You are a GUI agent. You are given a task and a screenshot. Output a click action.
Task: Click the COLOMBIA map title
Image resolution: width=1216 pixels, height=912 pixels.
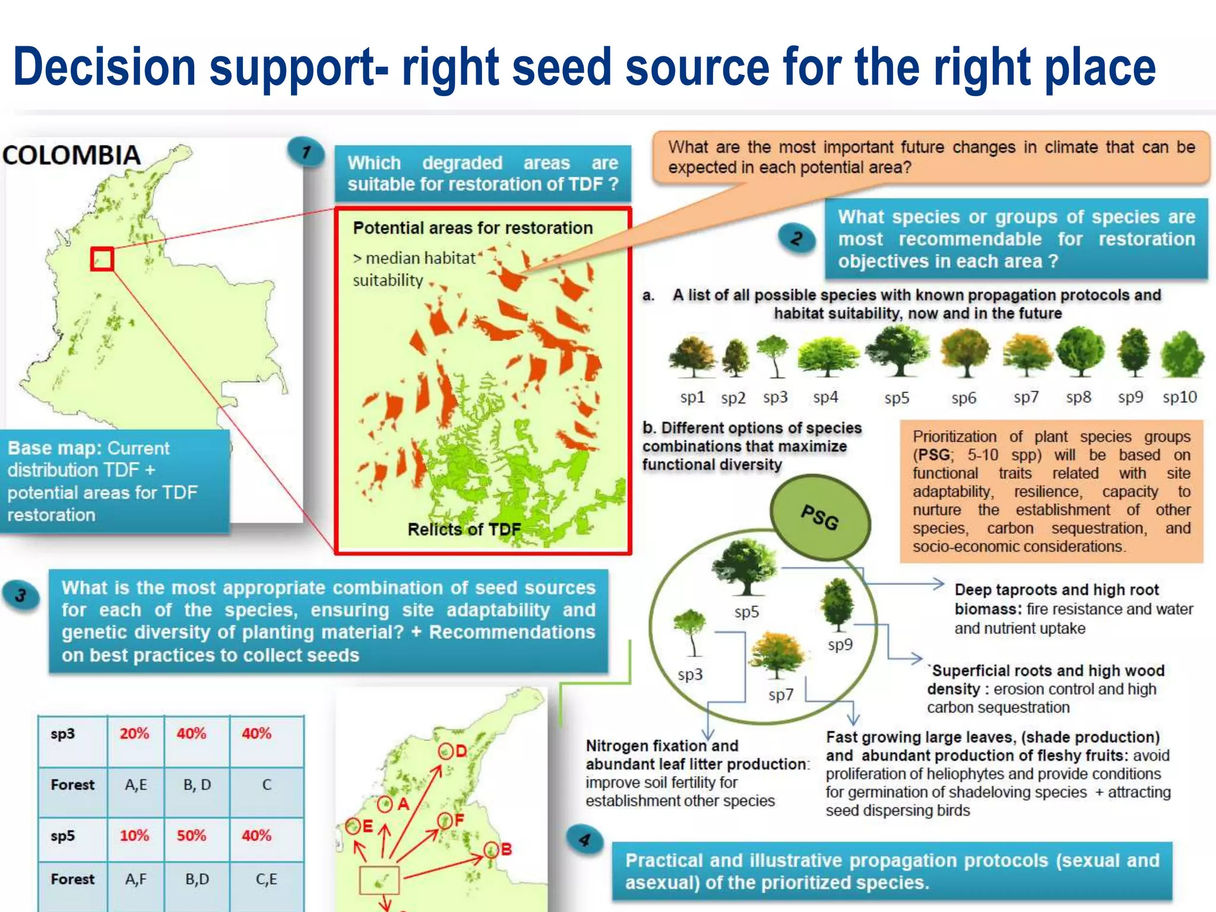pos(71,156)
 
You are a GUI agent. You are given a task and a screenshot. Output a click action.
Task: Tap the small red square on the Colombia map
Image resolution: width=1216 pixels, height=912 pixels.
pos(102,259)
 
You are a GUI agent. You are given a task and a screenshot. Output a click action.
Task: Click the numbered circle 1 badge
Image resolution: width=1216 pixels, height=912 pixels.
pos(306,153)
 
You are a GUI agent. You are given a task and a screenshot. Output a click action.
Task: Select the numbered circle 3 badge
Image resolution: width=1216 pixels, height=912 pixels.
pos(21,595)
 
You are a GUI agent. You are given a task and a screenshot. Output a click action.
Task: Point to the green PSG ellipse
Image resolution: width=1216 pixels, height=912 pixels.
pos(820,517)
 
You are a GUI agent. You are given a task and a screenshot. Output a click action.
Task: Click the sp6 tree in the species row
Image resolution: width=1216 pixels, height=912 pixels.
pos(965,354)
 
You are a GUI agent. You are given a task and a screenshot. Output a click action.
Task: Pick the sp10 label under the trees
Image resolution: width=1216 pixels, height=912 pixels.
pos(1179,397)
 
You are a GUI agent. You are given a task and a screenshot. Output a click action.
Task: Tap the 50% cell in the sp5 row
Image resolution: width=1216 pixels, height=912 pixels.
pos(191,835)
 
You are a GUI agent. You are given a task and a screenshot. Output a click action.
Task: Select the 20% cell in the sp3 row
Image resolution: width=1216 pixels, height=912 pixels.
pos(134,733)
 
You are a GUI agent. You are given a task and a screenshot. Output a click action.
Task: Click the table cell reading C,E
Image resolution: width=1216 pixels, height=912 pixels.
pos(266,879)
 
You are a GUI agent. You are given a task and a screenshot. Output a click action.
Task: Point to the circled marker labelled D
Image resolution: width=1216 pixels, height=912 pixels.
pos(446,752)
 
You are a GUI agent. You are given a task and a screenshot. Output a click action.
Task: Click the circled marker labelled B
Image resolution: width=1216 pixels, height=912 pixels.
pos(491,850)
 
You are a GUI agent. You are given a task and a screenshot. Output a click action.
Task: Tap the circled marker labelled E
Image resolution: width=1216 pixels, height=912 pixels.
pos(353,826)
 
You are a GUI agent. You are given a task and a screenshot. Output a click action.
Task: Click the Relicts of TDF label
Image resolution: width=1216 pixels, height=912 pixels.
pos(464,529)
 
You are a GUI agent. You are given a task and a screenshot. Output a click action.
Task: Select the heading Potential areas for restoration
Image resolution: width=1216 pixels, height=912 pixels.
pos(473,228)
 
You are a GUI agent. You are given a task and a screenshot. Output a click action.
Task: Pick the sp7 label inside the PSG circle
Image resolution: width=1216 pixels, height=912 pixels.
pos(781,695)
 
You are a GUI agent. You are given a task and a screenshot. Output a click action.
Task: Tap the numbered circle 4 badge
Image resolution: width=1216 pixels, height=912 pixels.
pos(585,840)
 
